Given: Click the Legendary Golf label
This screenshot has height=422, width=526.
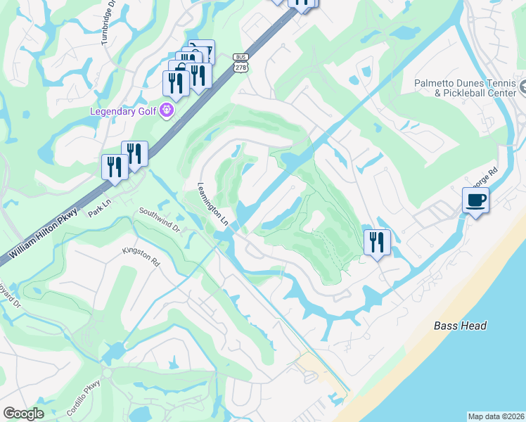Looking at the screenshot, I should pos(124,111).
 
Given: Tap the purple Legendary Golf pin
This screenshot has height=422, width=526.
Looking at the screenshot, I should pos(167,110).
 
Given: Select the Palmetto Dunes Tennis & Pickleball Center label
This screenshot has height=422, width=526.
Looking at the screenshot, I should pos(464,87).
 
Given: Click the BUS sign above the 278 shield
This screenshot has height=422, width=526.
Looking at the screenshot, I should pos(242,57).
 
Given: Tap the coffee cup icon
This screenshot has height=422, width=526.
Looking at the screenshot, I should pos(476,200).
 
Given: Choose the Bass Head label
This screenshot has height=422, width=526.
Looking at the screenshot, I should pos(460,326).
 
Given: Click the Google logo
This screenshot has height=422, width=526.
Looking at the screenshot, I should pos(23,414).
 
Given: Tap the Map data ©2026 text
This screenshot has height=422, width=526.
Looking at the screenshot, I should pos(496,416).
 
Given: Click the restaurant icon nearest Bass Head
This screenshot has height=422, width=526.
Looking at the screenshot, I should pos(377,243).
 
